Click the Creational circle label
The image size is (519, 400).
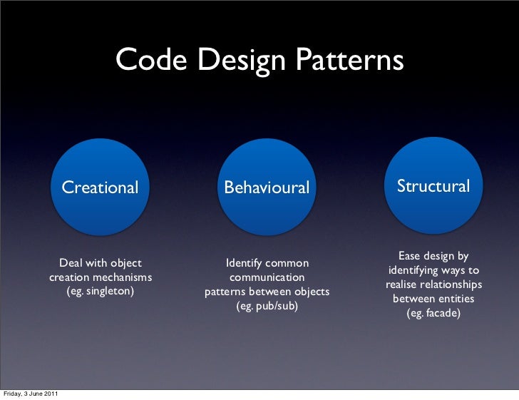point(100,188)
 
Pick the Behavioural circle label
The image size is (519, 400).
point(267,188)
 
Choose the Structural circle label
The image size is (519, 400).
point(433,186)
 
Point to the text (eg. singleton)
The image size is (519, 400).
point(100,292)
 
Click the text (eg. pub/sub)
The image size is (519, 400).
point(267,306)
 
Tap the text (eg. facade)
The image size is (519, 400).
point(433,313)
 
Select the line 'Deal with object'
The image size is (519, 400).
point(100,263)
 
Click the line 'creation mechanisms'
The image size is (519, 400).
point(100,277)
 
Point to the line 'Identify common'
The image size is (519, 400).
point(267,263)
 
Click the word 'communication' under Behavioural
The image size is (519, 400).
point(267,277)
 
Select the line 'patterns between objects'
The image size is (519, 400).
point(267,292)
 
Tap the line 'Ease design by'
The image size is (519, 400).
point(433,256)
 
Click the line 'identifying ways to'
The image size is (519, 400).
point(433,270)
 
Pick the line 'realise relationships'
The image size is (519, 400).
point(433,284)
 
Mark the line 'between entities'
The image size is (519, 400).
point(433,299)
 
